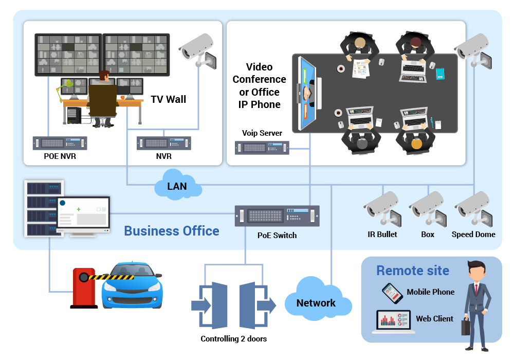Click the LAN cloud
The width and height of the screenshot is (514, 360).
(177, 185)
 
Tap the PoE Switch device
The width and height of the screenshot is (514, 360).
(277, 215)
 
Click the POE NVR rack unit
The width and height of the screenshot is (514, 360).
(60, 143)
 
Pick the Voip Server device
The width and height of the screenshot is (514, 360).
(262, 148)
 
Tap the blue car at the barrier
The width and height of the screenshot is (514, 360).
(132, 286)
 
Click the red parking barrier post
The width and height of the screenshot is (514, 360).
(83, 288)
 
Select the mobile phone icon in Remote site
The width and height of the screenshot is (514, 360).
(392, 293)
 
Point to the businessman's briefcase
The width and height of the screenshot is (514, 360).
(465, 327)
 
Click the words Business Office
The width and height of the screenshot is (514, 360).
(172, 231)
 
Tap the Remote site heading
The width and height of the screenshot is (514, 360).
(413, 271)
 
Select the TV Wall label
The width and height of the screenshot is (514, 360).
(168, 99)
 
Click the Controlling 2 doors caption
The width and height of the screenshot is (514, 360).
(233, 339)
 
